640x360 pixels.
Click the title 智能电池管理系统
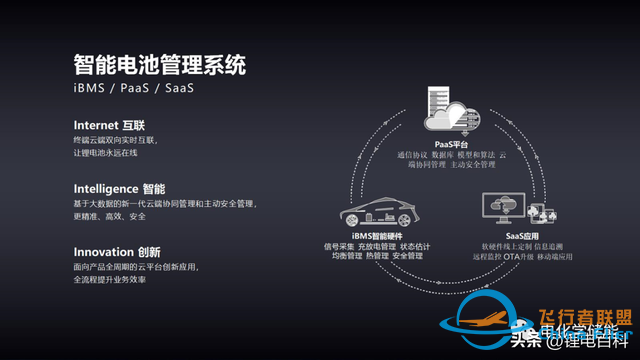click(x=160, y=65)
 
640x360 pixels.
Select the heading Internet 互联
click(x=109, y=125)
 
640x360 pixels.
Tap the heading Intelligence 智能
click(x=119, y=188)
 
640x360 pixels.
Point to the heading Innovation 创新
click(x=117, y=252)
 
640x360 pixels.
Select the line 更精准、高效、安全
click(x=110, y=216)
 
